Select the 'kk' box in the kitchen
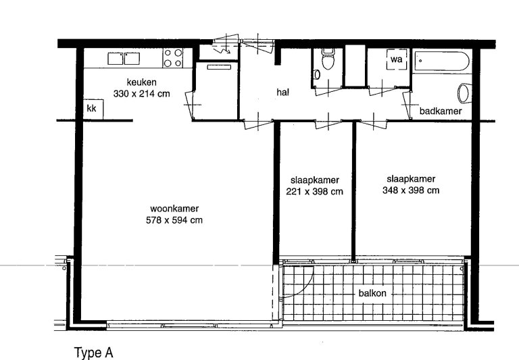[x=91, y=108]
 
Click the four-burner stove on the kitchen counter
[x=173, y=59]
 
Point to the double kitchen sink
[x=123, y=59]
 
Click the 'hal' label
[x=282, y=93]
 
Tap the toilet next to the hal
[x=328, y=61]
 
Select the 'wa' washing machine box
[x=395, y=60]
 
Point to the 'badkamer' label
[x=440, y=111]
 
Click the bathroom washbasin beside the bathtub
[x=464, y=93]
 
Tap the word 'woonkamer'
[x=174, y=209]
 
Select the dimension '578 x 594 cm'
[x=174, y=220]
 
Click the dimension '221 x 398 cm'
[x=314, y=191]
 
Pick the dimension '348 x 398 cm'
[x=411, y=190]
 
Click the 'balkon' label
[x=372, y=294]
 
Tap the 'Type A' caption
[x=93, y=352]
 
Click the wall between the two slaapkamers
[x=353, y=189]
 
